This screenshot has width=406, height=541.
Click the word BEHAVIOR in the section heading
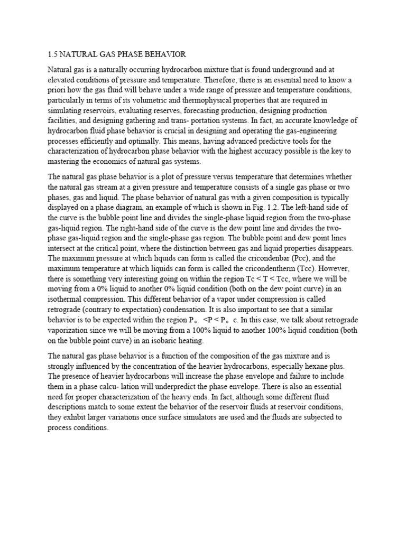tap(160, 54)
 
